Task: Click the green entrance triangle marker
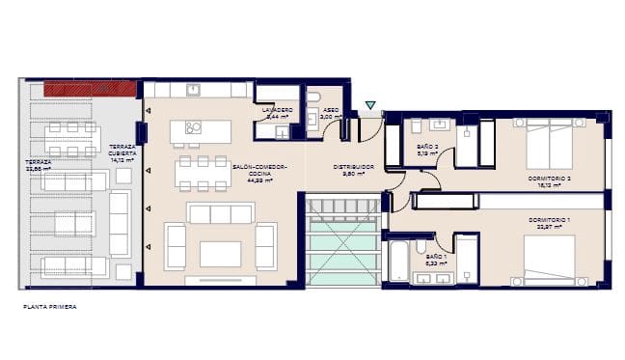pyautogui.click(x=371, y=105)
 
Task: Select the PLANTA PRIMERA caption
pyautogui.click(x=50, y=307)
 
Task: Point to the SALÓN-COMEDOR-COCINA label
pyautogui.click(x=256, y=173)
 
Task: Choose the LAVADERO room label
pyautogui.click(x=277, y=111)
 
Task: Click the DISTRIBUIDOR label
pyautogui.click(x=353, y=169)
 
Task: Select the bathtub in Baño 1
pyautogui.click(x=397, y=261)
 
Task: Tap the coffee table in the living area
pyautogui.click(x=220, y=253)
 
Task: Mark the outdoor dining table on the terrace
pyautogui.click(x=72, y=139)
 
